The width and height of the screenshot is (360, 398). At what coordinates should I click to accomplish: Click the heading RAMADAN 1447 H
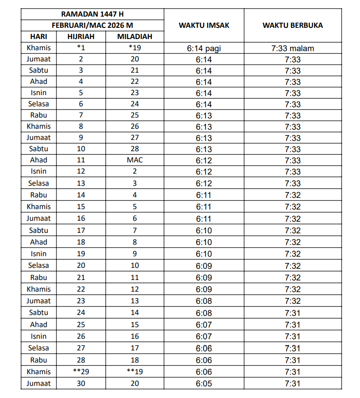coord(92,14)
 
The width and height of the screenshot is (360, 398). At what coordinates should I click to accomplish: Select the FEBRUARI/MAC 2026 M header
coord(92,26)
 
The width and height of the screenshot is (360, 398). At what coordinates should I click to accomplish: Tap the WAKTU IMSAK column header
coord(204,25)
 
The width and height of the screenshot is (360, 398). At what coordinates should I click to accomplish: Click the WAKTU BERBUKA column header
coord(292,25)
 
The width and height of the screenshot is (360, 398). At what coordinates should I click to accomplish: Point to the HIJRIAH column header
coord(81,37)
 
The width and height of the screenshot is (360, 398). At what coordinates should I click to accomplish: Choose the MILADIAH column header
coord(134,37)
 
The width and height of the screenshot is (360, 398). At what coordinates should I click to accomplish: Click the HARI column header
coord(39,37)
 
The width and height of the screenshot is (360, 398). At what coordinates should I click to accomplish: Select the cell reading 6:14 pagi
coord(204,48)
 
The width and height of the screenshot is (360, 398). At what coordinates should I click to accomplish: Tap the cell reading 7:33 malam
coord(292,48)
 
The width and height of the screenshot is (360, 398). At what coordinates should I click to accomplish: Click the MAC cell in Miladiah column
coord(134,160)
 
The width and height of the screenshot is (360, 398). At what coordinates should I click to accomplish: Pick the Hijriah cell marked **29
coord(81,372)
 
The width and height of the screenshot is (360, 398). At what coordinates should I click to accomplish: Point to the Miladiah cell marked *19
coord(134,48)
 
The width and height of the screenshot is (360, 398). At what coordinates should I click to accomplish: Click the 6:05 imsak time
coord(204,384)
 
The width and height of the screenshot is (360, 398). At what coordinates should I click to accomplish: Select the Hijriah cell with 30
coord(81,384)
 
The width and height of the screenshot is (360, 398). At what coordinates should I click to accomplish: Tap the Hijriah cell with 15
coord(81,207)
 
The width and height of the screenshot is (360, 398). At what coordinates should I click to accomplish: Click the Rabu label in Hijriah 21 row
coord(39,277)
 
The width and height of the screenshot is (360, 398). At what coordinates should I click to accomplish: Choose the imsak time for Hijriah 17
coord(204,231)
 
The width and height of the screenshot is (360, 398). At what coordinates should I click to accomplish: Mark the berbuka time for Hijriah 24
coord(292,313)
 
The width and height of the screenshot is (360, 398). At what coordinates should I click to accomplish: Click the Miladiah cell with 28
coord(134,149)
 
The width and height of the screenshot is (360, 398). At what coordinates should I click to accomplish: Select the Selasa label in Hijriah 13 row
coord(39,183)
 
